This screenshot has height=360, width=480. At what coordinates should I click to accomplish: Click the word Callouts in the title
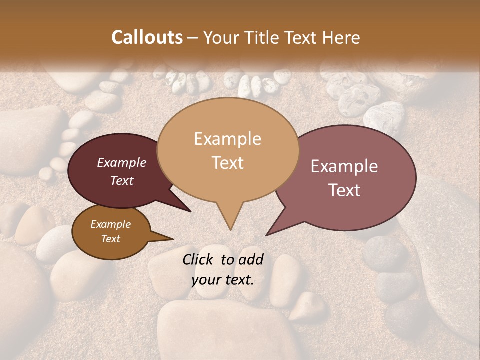[x=147, y=37]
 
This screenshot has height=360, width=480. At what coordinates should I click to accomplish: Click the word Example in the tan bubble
[x=228, y=139]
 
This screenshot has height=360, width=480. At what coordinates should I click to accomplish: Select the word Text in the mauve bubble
[x=345, y=190]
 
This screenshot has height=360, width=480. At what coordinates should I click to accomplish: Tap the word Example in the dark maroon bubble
[x=122, y=162]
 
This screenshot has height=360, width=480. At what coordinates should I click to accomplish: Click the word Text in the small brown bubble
[x=111, y=239]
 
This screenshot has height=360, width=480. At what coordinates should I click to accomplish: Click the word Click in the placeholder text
[x=198, y=259]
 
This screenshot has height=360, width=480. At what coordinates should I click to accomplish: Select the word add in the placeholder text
[x=250, y=259]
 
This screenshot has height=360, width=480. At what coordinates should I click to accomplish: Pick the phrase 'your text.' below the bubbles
[x=223, y=280]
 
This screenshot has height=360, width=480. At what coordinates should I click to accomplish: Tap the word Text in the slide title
[x=301, y=37]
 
